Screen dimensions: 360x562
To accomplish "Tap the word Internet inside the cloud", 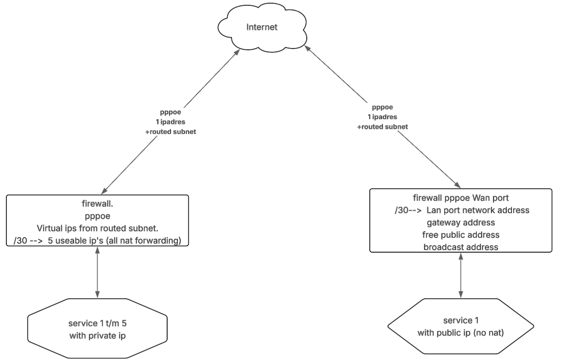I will pyautogui.click(x=262, y=28).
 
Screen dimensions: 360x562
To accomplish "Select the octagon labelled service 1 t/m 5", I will pyautogui.click(x=97, y=329).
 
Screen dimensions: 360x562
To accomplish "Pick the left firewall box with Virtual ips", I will pyautogui.click(x=97, y=220).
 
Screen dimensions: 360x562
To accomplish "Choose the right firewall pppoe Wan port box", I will pyautogui.click(x=461, y=220).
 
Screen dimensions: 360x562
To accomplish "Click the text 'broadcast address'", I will pyautogui.click(x=461, y=247).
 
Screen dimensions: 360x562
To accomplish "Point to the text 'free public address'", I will pyautogui.click(x=461, y=235).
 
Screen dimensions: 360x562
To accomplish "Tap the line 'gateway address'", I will pyautogui.click(x=461, y=222).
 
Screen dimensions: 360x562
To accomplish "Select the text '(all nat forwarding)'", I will pyautogui.click(x=148, y=241).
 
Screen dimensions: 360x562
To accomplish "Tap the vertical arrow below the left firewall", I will pyautogui.click(x=97, y=272).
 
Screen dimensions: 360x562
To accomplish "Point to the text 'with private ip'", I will pyautogui.click(x=97, y=335).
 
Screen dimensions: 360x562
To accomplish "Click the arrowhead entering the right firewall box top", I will pyautogui.click(x=458, y=186).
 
